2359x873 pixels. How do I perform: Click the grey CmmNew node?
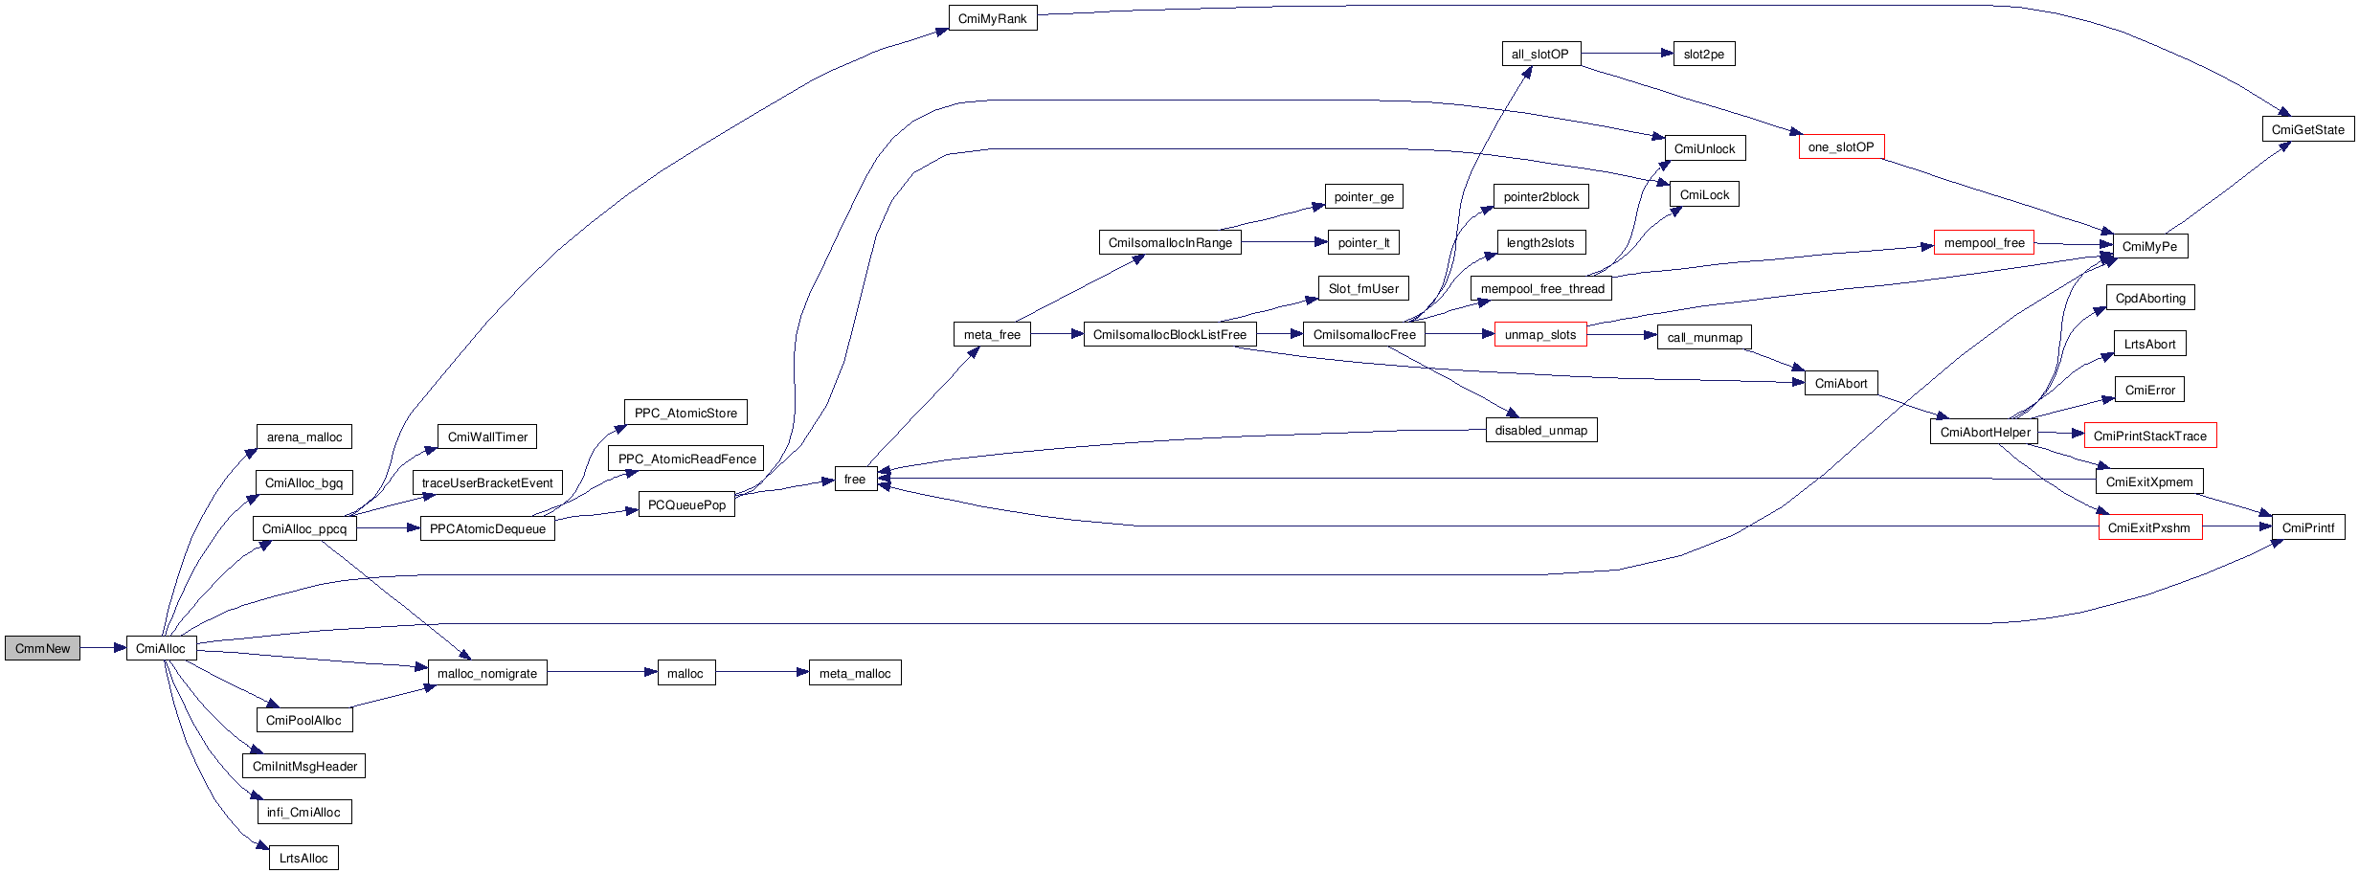pos(42,648)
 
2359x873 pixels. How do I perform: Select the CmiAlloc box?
pos(161,648)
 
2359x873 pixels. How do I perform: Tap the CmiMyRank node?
pos(992,18)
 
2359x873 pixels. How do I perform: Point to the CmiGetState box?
pos(2307,129)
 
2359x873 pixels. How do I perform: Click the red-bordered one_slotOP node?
pos(1841,146)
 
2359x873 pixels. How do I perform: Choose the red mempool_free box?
pos(1984,242)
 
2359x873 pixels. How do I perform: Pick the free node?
pos(855,479)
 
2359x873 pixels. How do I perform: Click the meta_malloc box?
pos(854,673)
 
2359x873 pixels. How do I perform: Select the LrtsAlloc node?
pos(303,858)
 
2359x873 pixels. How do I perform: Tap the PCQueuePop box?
pos(686,504)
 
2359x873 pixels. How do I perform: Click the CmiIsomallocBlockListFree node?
pos(1169,334)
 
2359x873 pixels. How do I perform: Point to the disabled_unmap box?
pos(1540,430)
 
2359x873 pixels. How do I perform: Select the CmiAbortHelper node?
pos(1985,432)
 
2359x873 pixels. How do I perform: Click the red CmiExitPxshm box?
pos(2149,527)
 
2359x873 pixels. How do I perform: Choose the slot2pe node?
pos(1703,54)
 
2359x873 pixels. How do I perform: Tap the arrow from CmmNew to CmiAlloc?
pos(103,648)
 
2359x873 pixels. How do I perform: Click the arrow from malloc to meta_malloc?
pos(761,672)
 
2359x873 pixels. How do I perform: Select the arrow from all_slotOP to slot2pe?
pos(1627,54)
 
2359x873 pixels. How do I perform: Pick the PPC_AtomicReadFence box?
pos(686,459)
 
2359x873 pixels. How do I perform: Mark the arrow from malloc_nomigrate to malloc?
pos(602,672)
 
